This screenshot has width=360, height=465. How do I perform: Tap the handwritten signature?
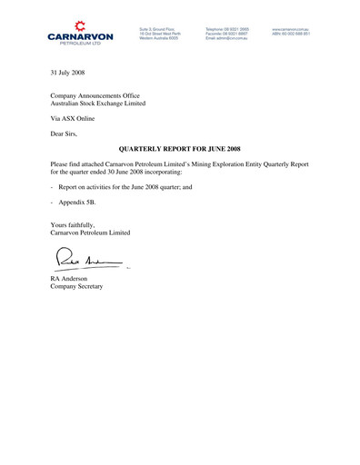pyautogui.click(x=87, y=262)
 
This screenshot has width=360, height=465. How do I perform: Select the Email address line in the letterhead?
pyautogui.click(x=227, y=39)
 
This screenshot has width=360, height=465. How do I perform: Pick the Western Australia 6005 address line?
pyautogui.click(x=160, y=39)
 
